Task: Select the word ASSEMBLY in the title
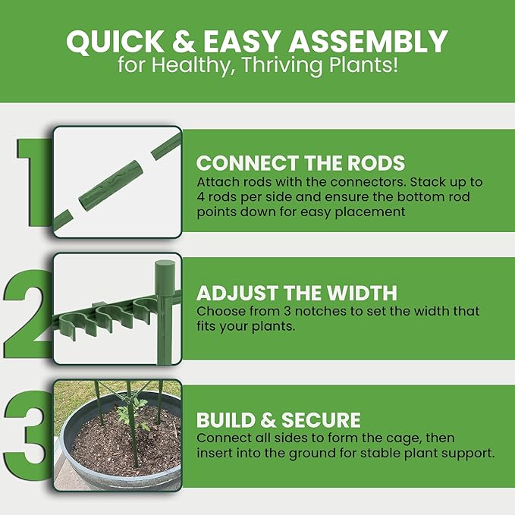368,42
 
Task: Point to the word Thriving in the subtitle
282,65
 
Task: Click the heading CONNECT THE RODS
300,163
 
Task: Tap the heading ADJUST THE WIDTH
297,293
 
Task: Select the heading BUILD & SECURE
278,420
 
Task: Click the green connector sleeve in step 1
111,186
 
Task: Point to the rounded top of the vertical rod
165,265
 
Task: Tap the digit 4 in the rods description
200,197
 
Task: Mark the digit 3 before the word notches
287,311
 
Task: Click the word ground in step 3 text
312,454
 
